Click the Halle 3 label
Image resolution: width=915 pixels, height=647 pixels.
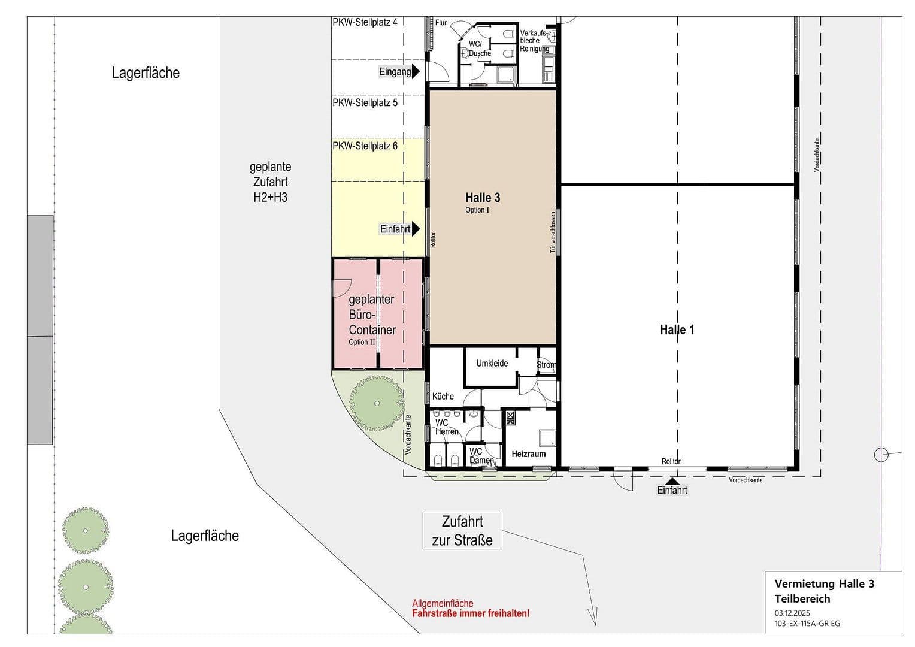[x=483, y=198]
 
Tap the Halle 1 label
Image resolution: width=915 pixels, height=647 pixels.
[x=677, y=329]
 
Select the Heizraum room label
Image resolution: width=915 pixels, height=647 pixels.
[x=528, y=454]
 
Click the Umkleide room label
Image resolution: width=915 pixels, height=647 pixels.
[x=492, y=364]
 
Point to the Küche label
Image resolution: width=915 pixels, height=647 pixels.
[x=443, y=396]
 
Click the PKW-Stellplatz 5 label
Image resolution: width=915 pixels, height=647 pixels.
[x=365, y=103]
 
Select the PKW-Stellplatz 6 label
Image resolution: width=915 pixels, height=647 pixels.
[x=365, y=146]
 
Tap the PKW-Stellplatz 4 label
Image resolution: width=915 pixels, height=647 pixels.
[x=365, y=22]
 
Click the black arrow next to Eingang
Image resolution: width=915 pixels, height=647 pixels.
[x=416, y=72]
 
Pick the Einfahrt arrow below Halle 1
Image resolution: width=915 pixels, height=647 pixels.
[x=673, y=480]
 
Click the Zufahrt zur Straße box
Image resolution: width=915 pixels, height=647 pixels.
[x=462, y=531]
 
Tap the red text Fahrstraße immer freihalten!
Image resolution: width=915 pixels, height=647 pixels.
[x=471, y=614]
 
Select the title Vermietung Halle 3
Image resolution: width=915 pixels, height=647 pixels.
[x=824, y=584]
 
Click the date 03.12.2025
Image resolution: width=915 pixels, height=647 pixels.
[x=792, y=613]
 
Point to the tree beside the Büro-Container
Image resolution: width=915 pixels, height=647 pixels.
[x=377, y=403]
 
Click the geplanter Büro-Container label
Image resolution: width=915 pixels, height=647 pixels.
[x=372, y=315]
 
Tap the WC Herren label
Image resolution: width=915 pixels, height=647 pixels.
[x=446, y=427]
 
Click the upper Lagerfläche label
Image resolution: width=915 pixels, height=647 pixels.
[x=146, y=73]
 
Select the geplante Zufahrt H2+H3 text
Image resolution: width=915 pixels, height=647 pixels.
[x=270, y=182]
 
